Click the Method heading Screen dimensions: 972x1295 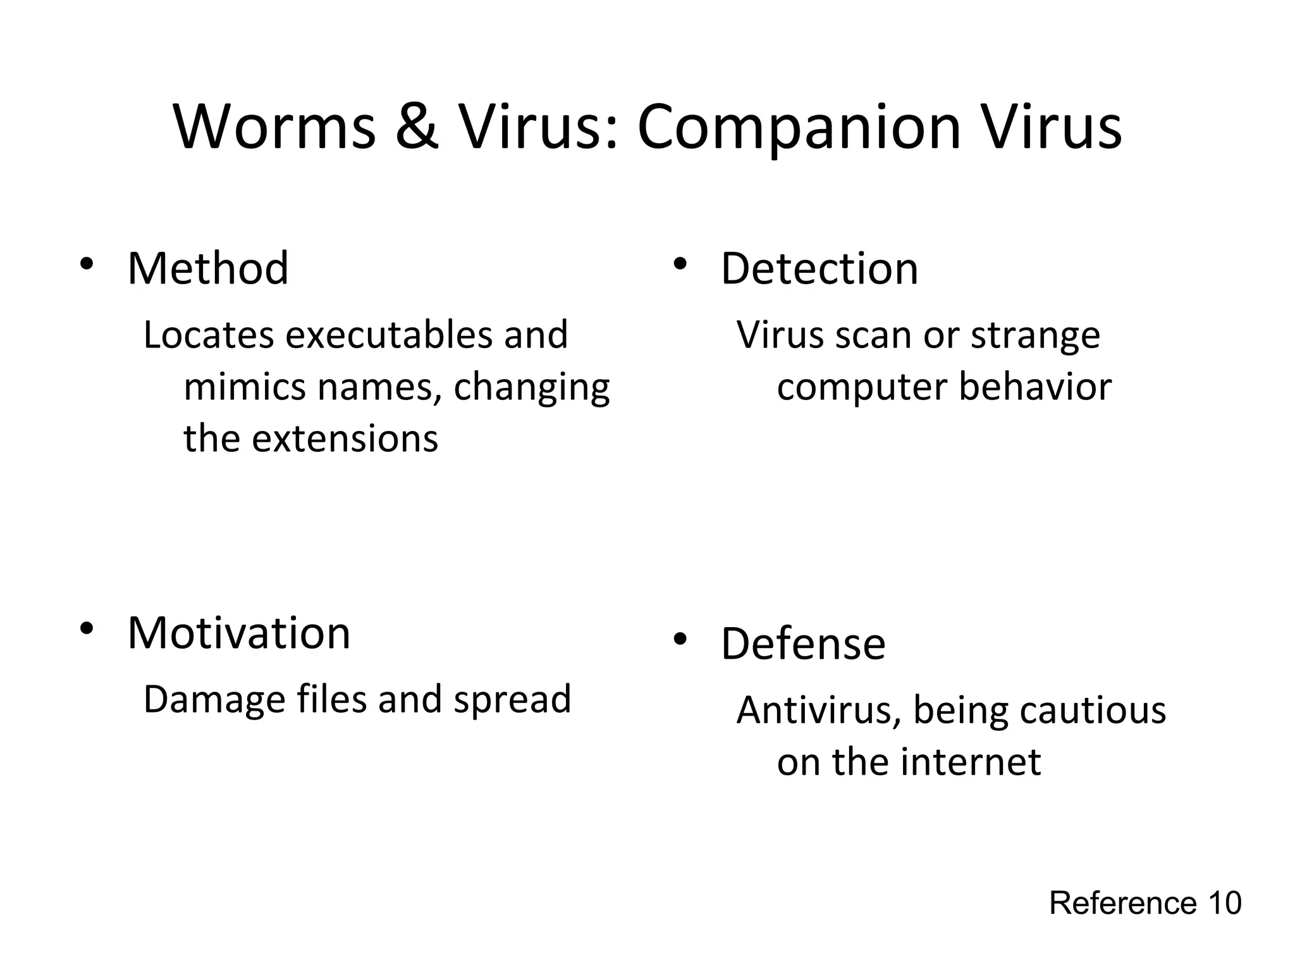pos(208,268)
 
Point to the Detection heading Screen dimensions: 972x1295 pos(819,268)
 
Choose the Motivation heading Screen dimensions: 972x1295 pos(238,633)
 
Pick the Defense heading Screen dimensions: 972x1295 pos(802,644)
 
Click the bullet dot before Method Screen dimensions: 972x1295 pos(87,265)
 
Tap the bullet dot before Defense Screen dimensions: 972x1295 pos(680,640)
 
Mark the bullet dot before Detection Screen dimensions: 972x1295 pos(680,265)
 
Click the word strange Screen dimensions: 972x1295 pos(1035,335)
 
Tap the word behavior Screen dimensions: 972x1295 pos(1035,387)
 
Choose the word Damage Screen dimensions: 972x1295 pos(214,700)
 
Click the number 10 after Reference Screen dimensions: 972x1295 pos(1225,903)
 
